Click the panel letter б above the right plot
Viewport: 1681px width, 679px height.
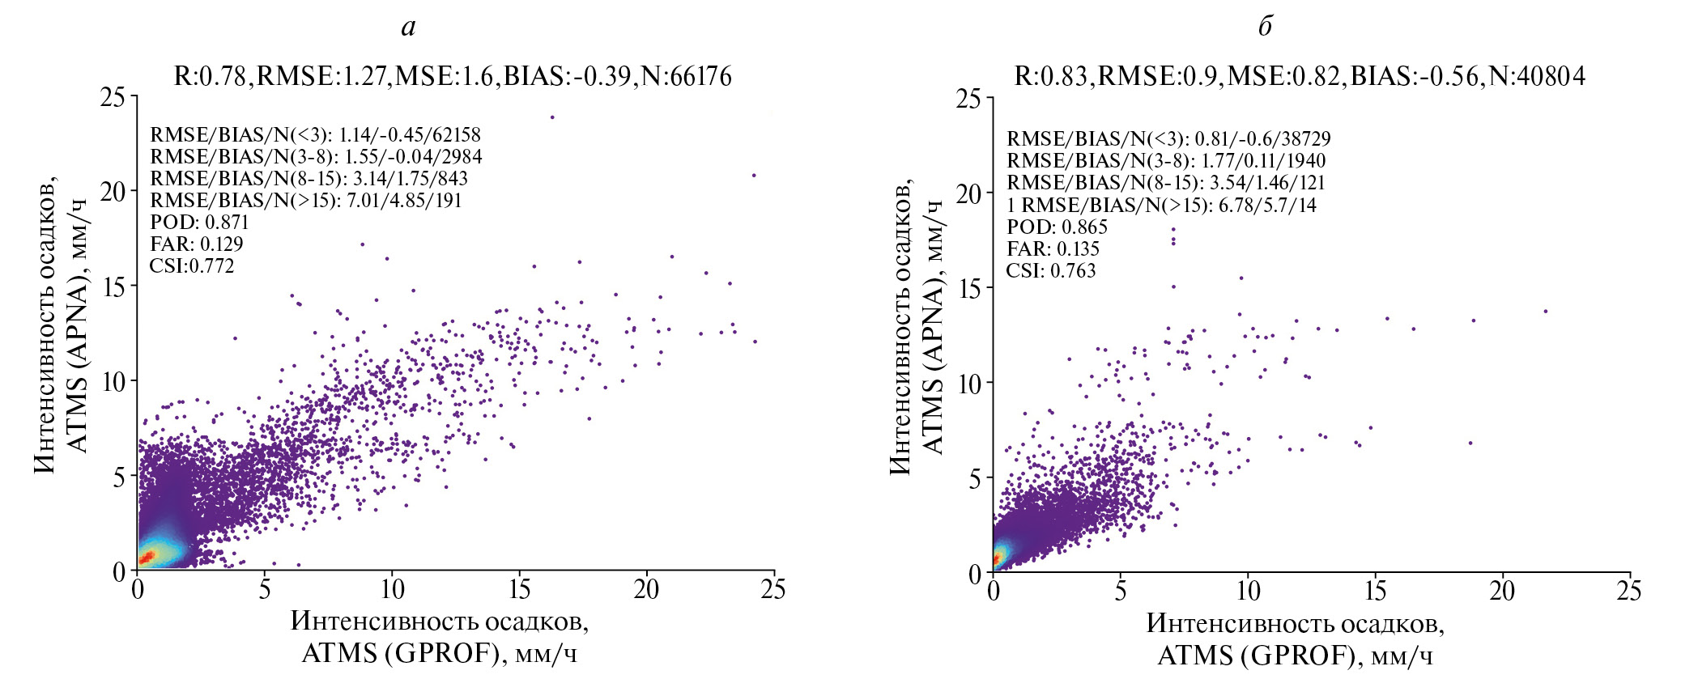coord(1265,27)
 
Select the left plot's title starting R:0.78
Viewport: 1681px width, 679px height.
coord(453,76)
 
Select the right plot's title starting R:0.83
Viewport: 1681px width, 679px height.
coord(1300,76)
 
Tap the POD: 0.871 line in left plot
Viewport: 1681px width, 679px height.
coord(199,223)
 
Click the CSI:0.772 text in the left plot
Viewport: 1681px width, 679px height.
coord(192,266)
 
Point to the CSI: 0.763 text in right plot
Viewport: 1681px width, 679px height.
coord(1050,271)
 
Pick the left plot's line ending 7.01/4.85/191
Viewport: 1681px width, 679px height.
coord(305,201)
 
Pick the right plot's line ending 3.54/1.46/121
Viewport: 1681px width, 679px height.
coord(1165,183)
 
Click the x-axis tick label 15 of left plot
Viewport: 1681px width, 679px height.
coord(519,590)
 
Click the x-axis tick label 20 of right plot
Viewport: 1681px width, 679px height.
coord(1502,592)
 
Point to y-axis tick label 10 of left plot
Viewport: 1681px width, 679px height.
coord(114,381)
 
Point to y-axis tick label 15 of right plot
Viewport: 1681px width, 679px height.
coord(970,289)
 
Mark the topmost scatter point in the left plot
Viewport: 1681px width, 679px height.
coord(552,117)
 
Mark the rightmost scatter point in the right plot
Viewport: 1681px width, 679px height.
coord(1545,311)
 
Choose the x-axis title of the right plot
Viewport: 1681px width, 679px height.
coord(1295,639)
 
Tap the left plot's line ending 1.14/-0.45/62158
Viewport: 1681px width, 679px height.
coord(315,135)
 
